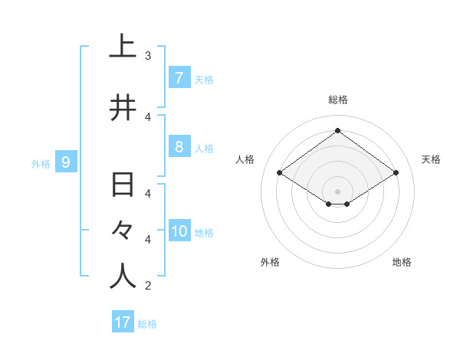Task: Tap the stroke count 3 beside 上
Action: [148, 55]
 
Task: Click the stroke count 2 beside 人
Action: [148, 286]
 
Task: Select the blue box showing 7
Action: [179, 77]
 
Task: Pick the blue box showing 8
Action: [179, 147]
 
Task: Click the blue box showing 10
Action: [179, 231]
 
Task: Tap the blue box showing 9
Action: [66, 162]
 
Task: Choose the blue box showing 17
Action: [123, 322]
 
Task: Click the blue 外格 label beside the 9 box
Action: [40, 163]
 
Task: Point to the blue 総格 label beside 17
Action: [147, 323]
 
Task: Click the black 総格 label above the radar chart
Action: [337, 100]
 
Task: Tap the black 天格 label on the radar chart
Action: [432, 159]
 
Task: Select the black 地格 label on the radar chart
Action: [402, 262]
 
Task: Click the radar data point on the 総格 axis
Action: [337, 131]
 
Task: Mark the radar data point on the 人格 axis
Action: [280, 173]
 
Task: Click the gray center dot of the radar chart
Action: [337, 191]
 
